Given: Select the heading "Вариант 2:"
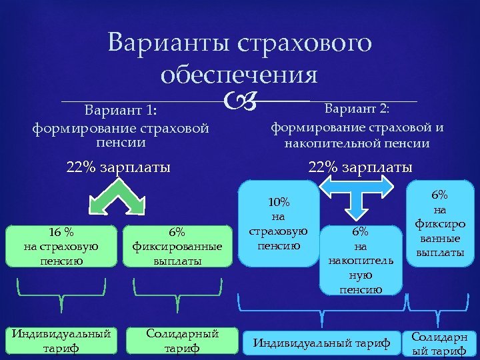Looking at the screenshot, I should click(x=357, y=109).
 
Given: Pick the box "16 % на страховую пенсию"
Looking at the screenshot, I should click(x=61, y=247).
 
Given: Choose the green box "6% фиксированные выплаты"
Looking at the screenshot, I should click(x=177, y=247).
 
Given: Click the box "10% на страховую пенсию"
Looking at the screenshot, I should click(x=277, y=224).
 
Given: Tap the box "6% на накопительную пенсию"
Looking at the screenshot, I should click(x=361, y=259).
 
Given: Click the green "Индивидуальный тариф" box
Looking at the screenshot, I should click(x=61, y=340).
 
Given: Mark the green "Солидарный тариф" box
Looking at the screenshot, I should click(x=182, y=340).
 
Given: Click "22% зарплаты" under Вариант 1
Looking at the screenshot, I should click(x=119, y=166).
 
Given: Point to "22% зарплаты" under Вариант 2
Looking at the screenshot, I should click(x=360, y=166).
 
